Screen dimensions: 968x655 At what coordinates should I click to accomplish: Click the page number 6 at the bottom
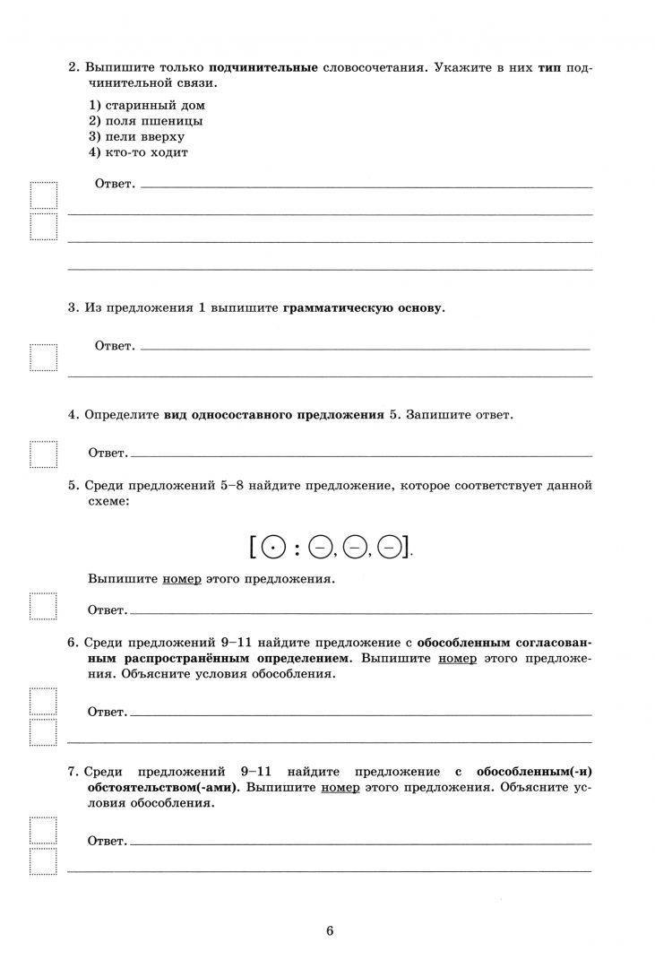tap(330, 930)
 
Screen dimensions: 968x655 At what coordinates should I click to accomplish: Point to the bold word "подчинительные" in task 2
tap(263, 68)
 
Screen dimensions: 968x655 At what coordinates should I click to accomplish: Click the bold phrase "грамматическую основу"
tap(363, 308)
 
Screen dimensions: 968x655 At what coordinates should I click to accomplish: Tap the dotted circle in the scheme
tap(277, 545)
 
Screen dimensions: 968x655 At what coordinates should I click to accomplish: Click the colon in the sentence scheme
tap(299, 545)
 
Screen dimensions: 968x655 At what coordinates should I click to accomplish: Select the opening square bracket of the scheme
tap(256, 545)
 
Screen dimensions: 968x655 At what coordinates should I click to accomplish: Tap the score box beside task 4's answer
tap(43, 454)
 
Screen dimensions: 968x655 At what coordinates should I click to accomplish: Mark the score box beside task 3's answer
tap(43, 358)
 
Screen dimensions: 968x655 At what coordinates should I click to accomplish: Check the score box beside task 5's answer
tap(43, 607)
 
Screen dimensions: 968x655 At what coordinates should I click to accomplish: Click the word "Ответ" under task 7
tap(107, 842)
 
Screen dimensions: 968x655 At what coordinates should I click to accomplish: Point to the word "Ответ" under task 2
tap(114, 185)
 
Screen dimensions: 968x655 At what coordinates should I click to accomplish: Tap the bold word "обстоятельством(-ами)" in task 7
tap(163, 787)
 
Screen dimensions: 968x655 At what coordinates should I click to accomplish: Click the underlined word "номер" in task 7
tap(340, 787)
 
